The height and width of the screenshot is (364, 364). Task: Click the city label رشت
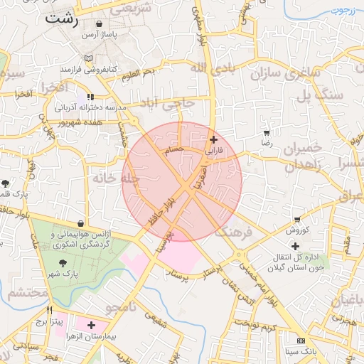point(61,18)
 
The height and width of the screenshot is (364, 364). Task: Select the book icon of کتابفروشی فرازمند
point(87,58)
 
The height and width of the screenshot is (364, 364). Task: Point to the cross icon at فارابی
point(213,140)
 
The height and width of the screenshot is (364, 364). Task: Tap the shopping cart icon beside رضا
point(267,133)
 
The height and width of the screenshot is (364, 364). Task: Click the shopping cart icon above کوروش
point(296,220)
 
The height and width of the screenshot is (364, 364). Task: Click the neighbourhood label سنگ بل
point(321,95)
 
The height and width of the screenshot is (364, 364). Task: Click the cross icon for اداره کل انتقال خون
point(296,246)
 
